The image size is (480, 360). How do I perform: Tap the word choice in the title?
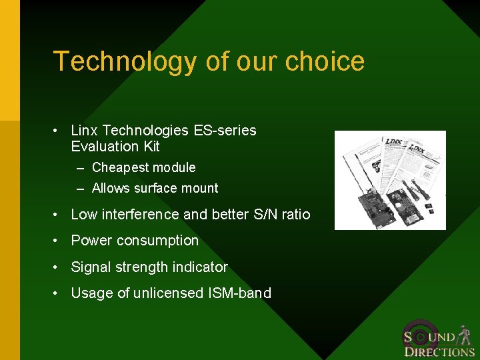click(x=325, y=61)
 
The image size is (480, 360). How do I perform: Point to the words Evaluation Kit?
click(x=115, y=147)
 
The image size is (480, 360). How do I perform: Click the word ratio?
click(x=295, y=214)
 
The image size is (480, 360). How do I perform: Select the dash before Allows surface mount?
click(x=80, y=189)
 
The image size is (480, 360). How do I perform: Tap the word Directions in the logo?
click(x=439, y=351)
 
